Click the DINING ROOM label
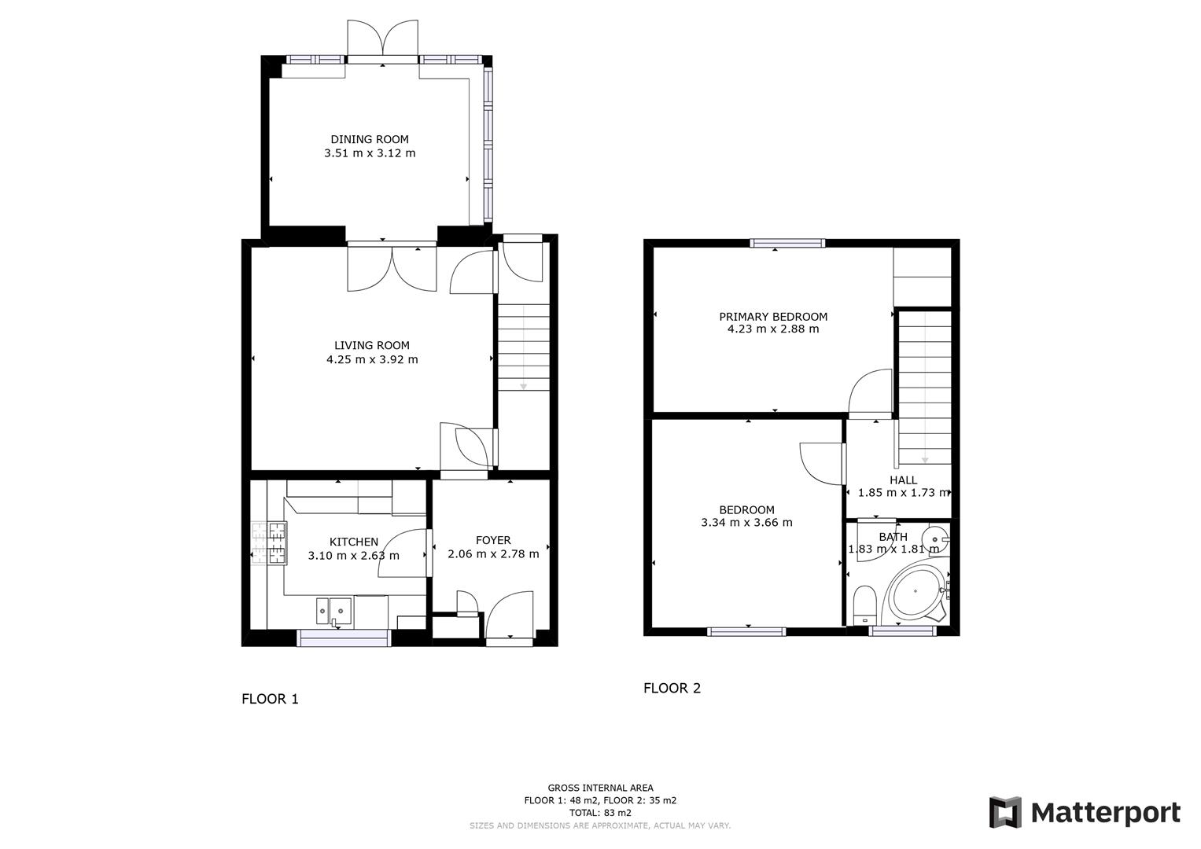(x=370, y=140)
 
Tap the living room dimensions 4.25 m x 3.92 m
(x=372, y=360)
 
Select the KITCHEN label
(x=353, y=542)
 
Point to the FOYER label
(x=493, y=540)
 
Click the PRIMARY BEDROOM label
(x=773, y=317)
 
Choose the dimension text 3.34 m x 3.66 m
(x=746, y=523)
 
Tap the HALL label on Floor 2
(x=903, y=480)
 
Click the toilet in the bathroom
(x=865, y=603)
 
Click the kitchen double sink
(x=333, y=608)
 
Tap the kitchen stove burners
(x=269, y=544)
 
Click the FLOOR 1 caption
(x=270, y=699)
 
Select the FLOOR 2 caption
(x=672, y=688)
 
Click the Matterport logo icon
(x=1005, y=812)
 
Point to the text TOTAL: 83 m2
(x=600, y=813)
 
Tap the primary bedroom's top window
(x=787, y=244)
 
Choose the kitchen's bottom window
(x=344, y=638)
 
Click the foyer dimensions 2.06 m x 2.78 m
(x=493, y=554)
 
